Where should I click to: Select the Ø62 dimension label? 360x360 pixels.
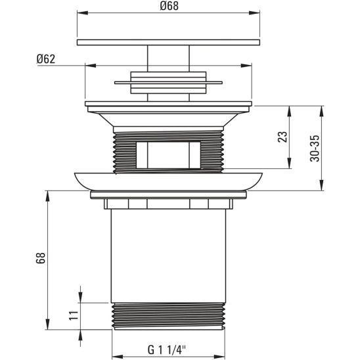[x=45, y=58]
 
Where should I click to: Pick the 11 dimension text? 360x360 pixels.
[x=74, y=316]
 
